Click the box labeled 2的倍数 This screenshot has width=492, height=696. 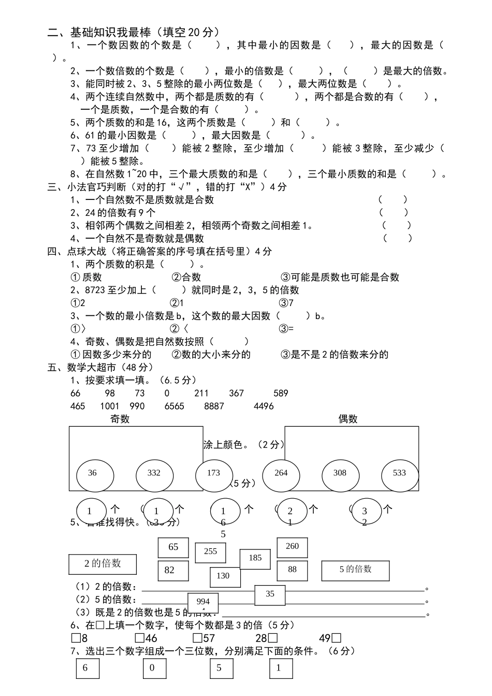click(103, 564)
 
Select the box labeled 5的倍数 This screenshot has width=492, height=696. click(355, 570)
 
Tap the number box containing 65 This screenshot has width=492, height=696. click(173, 547)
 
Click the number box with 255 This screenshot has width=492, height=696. click(210, 552)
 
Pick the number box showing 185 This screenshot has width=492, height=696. click(255, 559)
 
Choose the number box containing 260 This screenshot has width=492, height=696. click(292, 547)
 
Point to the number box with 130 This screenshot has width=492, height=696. click(225, 576)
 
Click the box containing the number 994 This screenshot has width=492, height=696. click(203, 602)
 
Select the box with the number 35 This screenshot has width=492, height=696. click(270, 595)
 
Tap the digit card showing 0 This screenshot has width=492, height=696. click(154, 669)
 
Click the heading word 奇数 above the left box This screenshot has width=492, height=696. click(120, 419)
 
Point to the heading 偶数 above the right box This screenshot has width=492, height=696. click(348, 419)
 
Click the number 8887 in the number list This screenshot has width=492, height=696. click(214, 406)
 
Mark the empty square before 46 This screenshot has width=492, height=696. click(139, 638)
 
